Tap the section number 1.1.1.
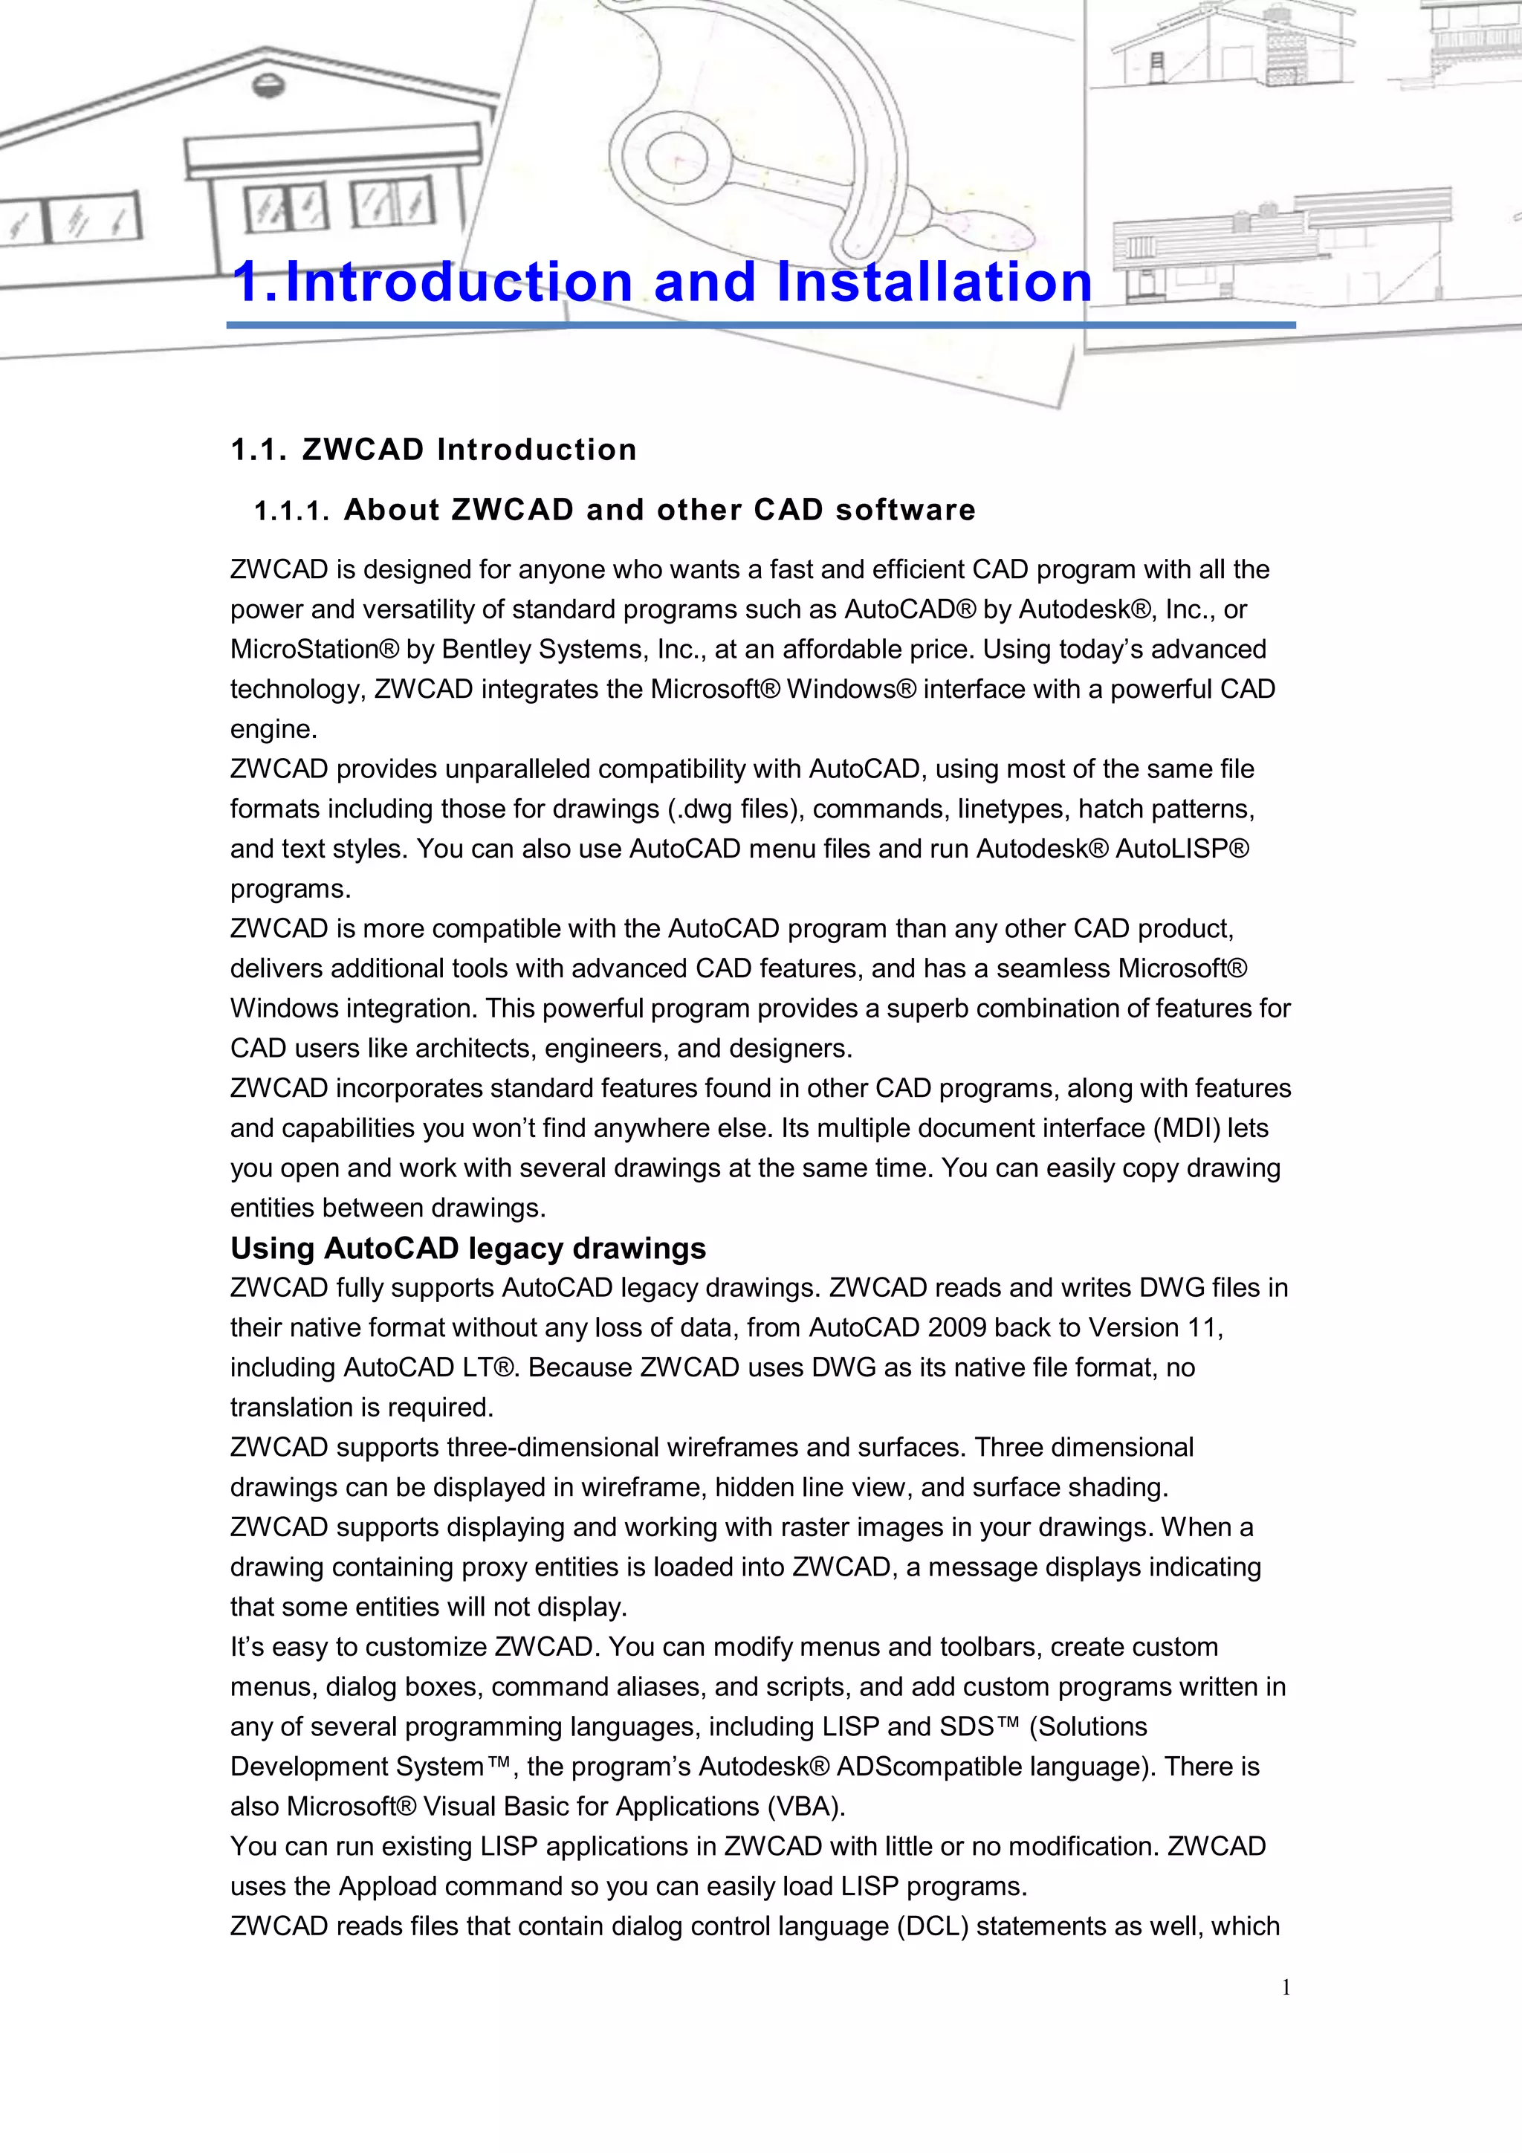point(291,511)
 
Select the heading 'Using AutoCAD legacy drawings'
point(468,1248)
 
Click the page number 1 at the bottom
point(1286,1986)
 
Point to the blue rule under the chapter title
point(760,325)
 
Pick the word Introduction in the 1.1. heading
point(537,450)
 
